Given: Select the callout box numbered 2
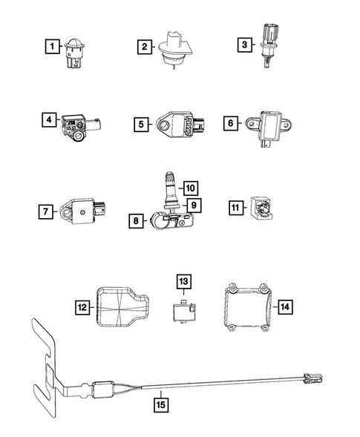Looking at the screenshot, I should [x=143, y=48].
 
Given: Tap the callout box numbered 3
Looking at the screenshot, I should [x=243, y=46].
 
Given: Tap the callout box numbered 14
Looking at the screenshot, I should [x=285, y=305].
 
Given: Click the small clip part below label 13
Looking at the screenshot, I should [x=182, y=310].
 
